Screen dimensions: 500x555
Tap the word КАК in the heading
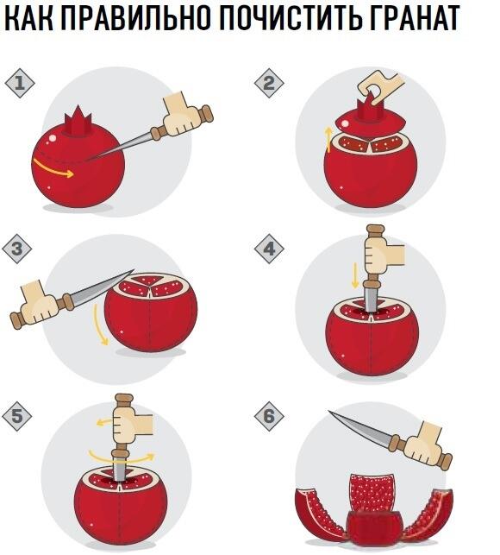tap(28, 18)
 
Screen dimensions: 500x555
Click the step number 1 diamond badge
tap(20, 84)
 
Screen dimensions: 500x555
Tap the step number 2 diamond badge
tap(269, 83)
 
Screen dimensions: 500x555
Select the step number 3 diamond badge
tap(16, 249)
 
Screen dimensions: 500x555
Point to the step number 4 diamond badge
tap(269, 249)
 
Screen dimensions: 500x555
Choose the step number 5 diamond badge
tap(16, 416)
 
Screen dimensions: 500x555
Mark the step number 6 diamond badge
tap(269, 416)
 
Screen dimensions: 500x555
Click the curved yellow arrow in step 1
tap(53, 170)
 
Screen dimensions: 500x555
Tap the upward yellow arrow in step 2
tap(328, 140)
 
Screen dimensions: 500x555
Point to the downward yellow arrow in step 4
tap(355, 276)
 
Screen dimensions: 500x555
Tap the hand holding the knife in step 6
tap(424, 444)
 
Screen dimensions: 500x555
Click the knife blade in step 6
tap(360, 426)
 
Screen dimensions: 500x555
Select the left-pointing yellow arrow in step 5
tap(105, 421)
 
